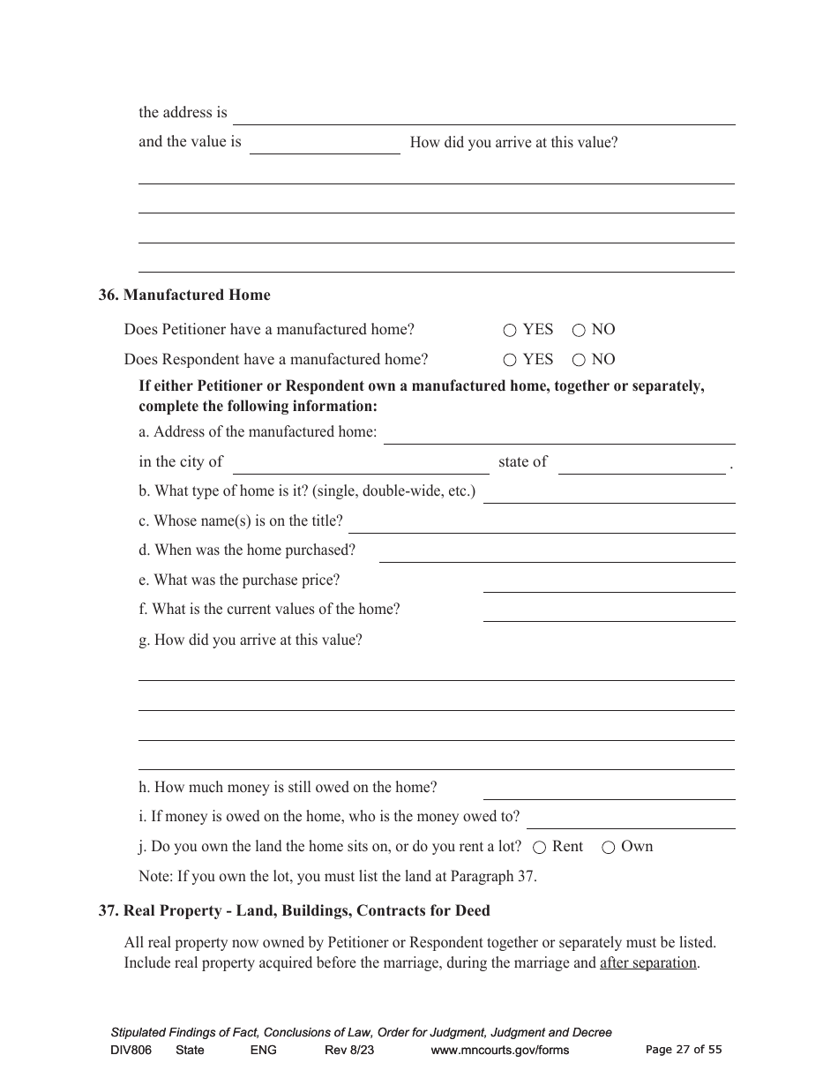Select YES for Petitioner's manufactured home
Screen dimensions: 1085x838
click(x=510, y=331)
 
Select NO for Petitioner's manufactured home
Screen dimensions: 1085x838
click(x=579, y=331)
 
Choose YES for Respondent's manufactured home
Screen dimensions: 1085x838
click(x=510, y=360)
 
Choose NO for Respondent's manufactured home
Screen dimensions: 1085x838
click(x=579, y=360)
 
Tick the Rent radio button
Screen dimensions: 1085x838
click(x=540, y=848)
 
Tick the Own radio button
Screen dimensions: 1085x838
click(x=609, y=848)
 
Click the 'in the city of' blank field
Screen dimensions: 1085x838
click(x=360, y=464)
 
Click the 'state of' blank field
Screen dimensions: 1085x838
click(x=641, y=464)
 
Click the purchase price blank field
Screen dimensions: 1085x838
click(x=609, y=582)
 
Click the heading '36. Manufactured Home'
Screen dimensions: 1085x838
click(x=184, y=296)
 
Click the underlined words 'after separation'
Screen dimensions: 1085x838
click(x=648, y=963)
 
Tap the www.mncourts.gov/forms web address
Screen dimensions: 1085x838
click(x=499, y=1050)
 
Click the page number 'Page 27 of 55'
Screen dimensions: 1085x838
click(x=684, y=1050)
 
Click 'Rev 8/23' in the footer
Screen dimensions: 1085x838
click(x=349, y=1050)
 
